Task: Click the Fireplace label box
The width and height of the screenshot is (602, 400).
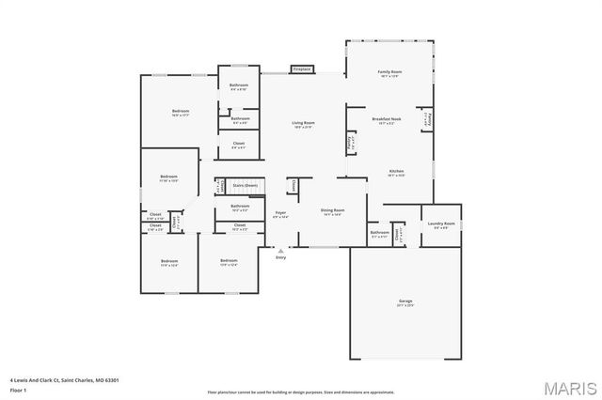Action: tap(302, 69)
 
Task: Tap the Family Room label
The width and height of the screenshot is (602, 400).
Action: tap(389, 72)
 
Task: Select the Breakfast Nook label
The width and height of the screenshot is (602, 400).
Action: tap(387, 120)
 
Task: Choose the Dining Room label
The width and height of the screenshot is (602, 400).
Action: tap(332, 210)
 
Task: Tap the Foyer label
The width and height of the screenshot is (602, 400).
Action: tap(280, 214)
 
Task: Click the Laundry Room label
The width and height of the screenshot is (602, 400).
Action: tap(442, 223)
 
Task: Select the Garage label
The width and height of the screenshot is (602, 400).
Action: tap(405, 301)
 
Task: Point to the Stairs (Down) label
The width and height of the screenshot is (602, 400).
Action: tap(245, 186)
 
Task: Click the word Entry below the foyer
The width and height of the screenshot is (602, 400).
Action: tap(280, 257)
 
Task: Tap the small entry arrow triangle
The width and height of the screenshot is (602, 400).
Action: tap(280, 250)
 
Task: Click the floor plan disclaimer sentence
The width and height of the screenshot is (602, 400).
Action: tap(300, 392)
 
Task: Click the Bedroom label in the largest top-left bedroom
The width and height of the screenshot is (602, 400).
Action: tap(181, 112)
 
